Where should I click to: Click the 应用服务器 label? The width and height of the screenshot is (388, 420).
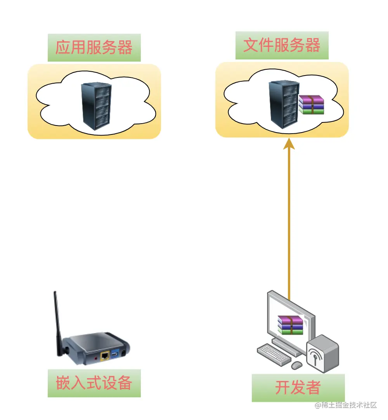pyautogui.click(x=94, y=47)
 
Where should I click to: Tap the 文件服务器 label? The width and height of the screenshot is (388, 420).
pyautogui.click(x=282, y=45)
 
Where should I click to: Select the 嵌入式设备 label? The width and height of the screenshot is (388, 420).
pyautogui.click(x=94, y=383)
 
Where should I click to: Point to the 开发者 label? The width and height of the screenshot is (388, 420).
pyautogui.click(x=298, y=387)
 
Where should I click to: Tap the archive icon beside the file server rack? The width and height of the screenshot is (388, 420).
pyautogui.click(x=311, y=105)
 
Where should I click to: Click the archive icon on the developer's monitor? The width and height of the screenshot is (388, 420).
pyautogui.click(x=290, y=325)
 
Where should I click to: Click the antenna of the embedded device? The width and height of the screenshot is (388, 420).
pyautogui.click(x=58, y=322)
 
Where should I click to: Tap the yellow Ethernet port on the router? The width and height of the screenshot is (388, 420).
pyautogui.click(x=105, y=355)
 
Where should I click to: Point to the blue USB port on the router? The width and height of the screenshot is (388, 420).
pyautogui.click(x=115, y=354)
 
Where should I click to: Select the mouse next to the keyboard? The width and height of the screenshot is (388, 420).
pyautogui.click(x=297, y=365)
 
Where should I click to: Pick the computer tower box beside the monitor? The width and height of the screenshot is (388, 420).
pyautogui.click(x=322, y=353)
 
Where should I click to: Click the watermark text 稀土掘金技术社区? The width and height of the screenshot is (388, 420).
pyautogui.click(x=346, y=405)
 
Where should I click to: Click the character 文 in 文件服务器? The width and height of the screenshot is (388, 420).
pyautogui.click(x=251, y=45)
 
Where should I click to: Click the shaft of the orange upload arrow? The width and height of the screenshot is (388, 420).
pyautogui.click(x=289, y=217)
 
